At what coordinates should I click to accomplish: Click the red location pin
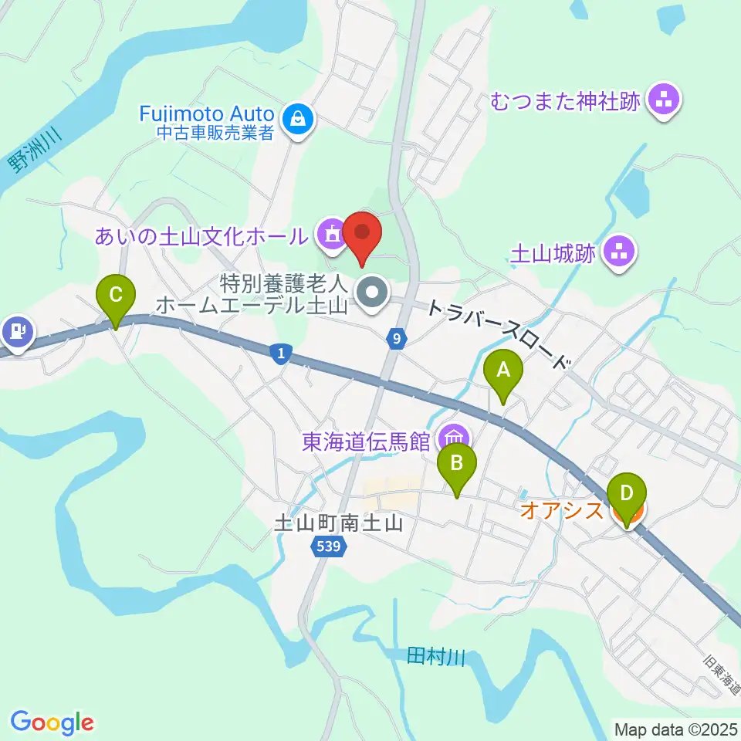click(363, 234)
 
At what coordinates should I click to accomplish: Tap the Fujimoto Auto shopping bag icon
click(297, 120)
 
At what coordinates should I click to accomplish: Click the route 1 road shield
click(281, 354)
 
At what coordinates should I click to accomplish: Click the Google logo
click(52, 722)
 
